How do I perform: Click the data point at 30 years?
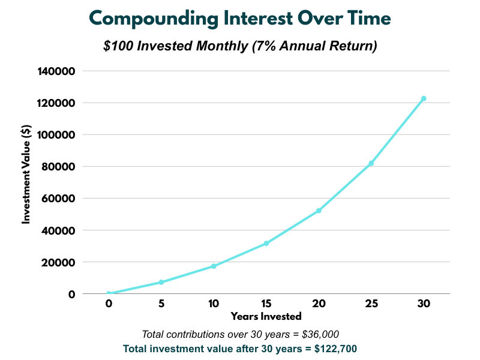(x=424, y=98)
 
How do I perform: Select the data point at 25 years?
(x=371, y=163)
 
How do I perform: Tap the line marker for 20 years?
(x=319, y=211)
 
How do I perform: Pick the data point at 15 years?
(x=266, y=244)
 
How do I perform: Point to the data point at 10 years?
(x=214, y=266)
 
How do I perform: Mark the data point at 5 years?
(x=161, y=282)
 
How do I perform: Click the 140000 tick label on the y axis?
(x=56, y=71)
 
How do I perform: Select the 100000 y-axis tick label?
(x=56, y=134)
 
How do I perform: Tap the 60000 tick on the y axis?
(x=58, y=199)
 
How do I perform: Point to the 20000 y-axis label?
(x=58, y=262)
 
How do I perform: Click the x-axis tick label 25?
(x=371, y=304)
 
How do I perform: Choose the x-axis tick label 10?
(x=214, y=304)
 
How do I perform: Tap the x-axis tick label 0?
(x=109, y=304)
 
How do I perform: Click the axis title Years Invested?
(x=266, y=316)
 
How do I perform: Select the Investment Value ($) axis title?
(x=26, y=174)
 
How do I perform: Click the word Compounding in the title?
(x=154, y=19)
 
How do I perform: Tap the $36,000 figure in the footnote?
(x=320, y=334)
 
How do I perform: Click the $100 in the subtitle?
(x=118, y=46)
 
